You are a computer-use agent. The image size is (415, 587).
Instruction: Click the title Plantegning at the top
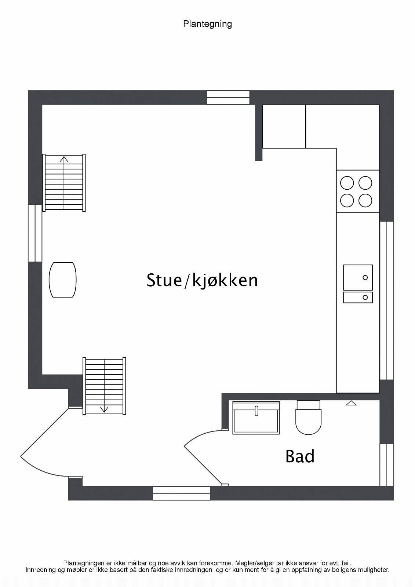pyautogui.click(x=207, y=24)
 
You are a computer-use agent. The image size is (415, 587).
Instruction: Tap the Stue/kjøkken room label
pyautogui.click(x=202, y=280)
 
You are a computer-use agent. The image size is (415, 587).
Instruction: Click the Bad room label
pyautogui.click(x=300, y=456)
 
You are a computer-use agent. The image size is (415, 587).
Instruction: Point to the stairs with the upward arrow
pyautogui.click(x=64, y=183)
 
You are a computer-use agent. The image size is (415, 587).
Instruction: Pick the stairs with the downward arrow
pyautogui.click(x=105, y=386)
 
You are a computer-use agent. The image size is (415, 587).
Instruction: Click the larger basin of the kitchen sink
pyautogui.click(x=358, y=277)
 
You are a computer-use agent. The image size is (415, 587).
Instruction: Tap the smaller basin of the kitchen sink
pyautogui.click(x=358, y=297)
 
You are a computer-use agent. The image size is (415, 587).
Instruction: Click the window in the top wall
pyautogui.click(x=228, y=98)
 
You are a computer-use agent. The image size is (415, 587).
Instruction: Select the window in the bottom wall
pyautogui.click(x=181, y=493)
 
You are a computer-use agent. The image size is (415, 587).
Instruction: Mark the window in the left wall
pyautogui.click(x=35, y=233)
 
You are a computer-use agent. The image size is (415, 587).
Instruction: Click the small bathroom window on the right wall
pyautogui.click(x=386, y=464)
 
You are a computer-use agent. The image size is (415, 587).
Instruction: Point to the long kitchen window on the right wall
pyautogui.click(x=386, y=300)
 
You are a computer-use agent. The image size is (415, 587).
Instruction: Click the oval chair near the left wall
pyautogui.click(x=63, y=280)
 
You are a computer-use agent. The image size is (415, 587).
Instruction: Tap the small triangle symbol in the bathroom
pyautogui.click(x=351, y=403)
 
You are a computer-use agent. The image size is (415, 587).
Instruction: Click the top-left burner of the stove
pyautogui.click(x=347, y=183)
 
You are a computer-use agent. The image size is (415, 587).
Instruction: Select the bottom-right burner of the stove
pyautogui.click(x=365, y=200)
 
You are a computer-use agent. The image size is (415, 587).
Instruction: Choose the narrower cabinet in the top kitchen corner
pyautogui.click(x=284, y=127)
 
